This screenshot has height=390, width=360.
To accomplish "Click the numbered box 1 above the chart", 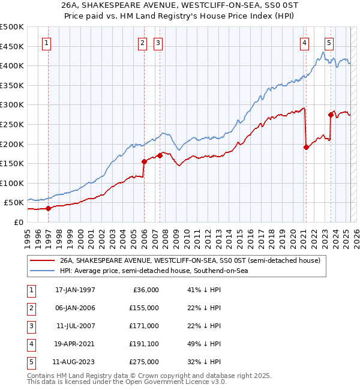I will pos(47,43).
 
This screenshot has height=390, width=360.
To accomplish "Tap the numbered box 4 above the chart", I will pos(305,43).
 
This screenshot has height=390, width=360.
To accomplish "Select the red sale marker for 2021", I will pos(306,147).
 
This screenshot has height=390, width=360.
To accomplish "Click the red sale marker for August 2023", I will pos(331,115).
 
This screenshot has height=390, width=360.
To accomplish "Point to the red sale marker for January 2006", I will pos(144,161).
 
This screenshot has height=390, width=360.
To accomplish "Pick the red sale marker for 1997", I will pos(49,208).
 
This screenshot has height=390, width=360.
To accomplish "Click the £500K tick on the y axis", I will pos(12,27).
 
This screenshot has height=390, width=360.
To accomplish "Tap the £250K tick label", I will pos(12,124).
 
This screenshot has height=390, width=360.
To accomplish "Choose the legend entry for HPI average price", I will pos(154,271).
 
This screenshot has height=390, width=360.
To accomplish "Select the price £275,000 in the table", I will pos(144,362).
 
